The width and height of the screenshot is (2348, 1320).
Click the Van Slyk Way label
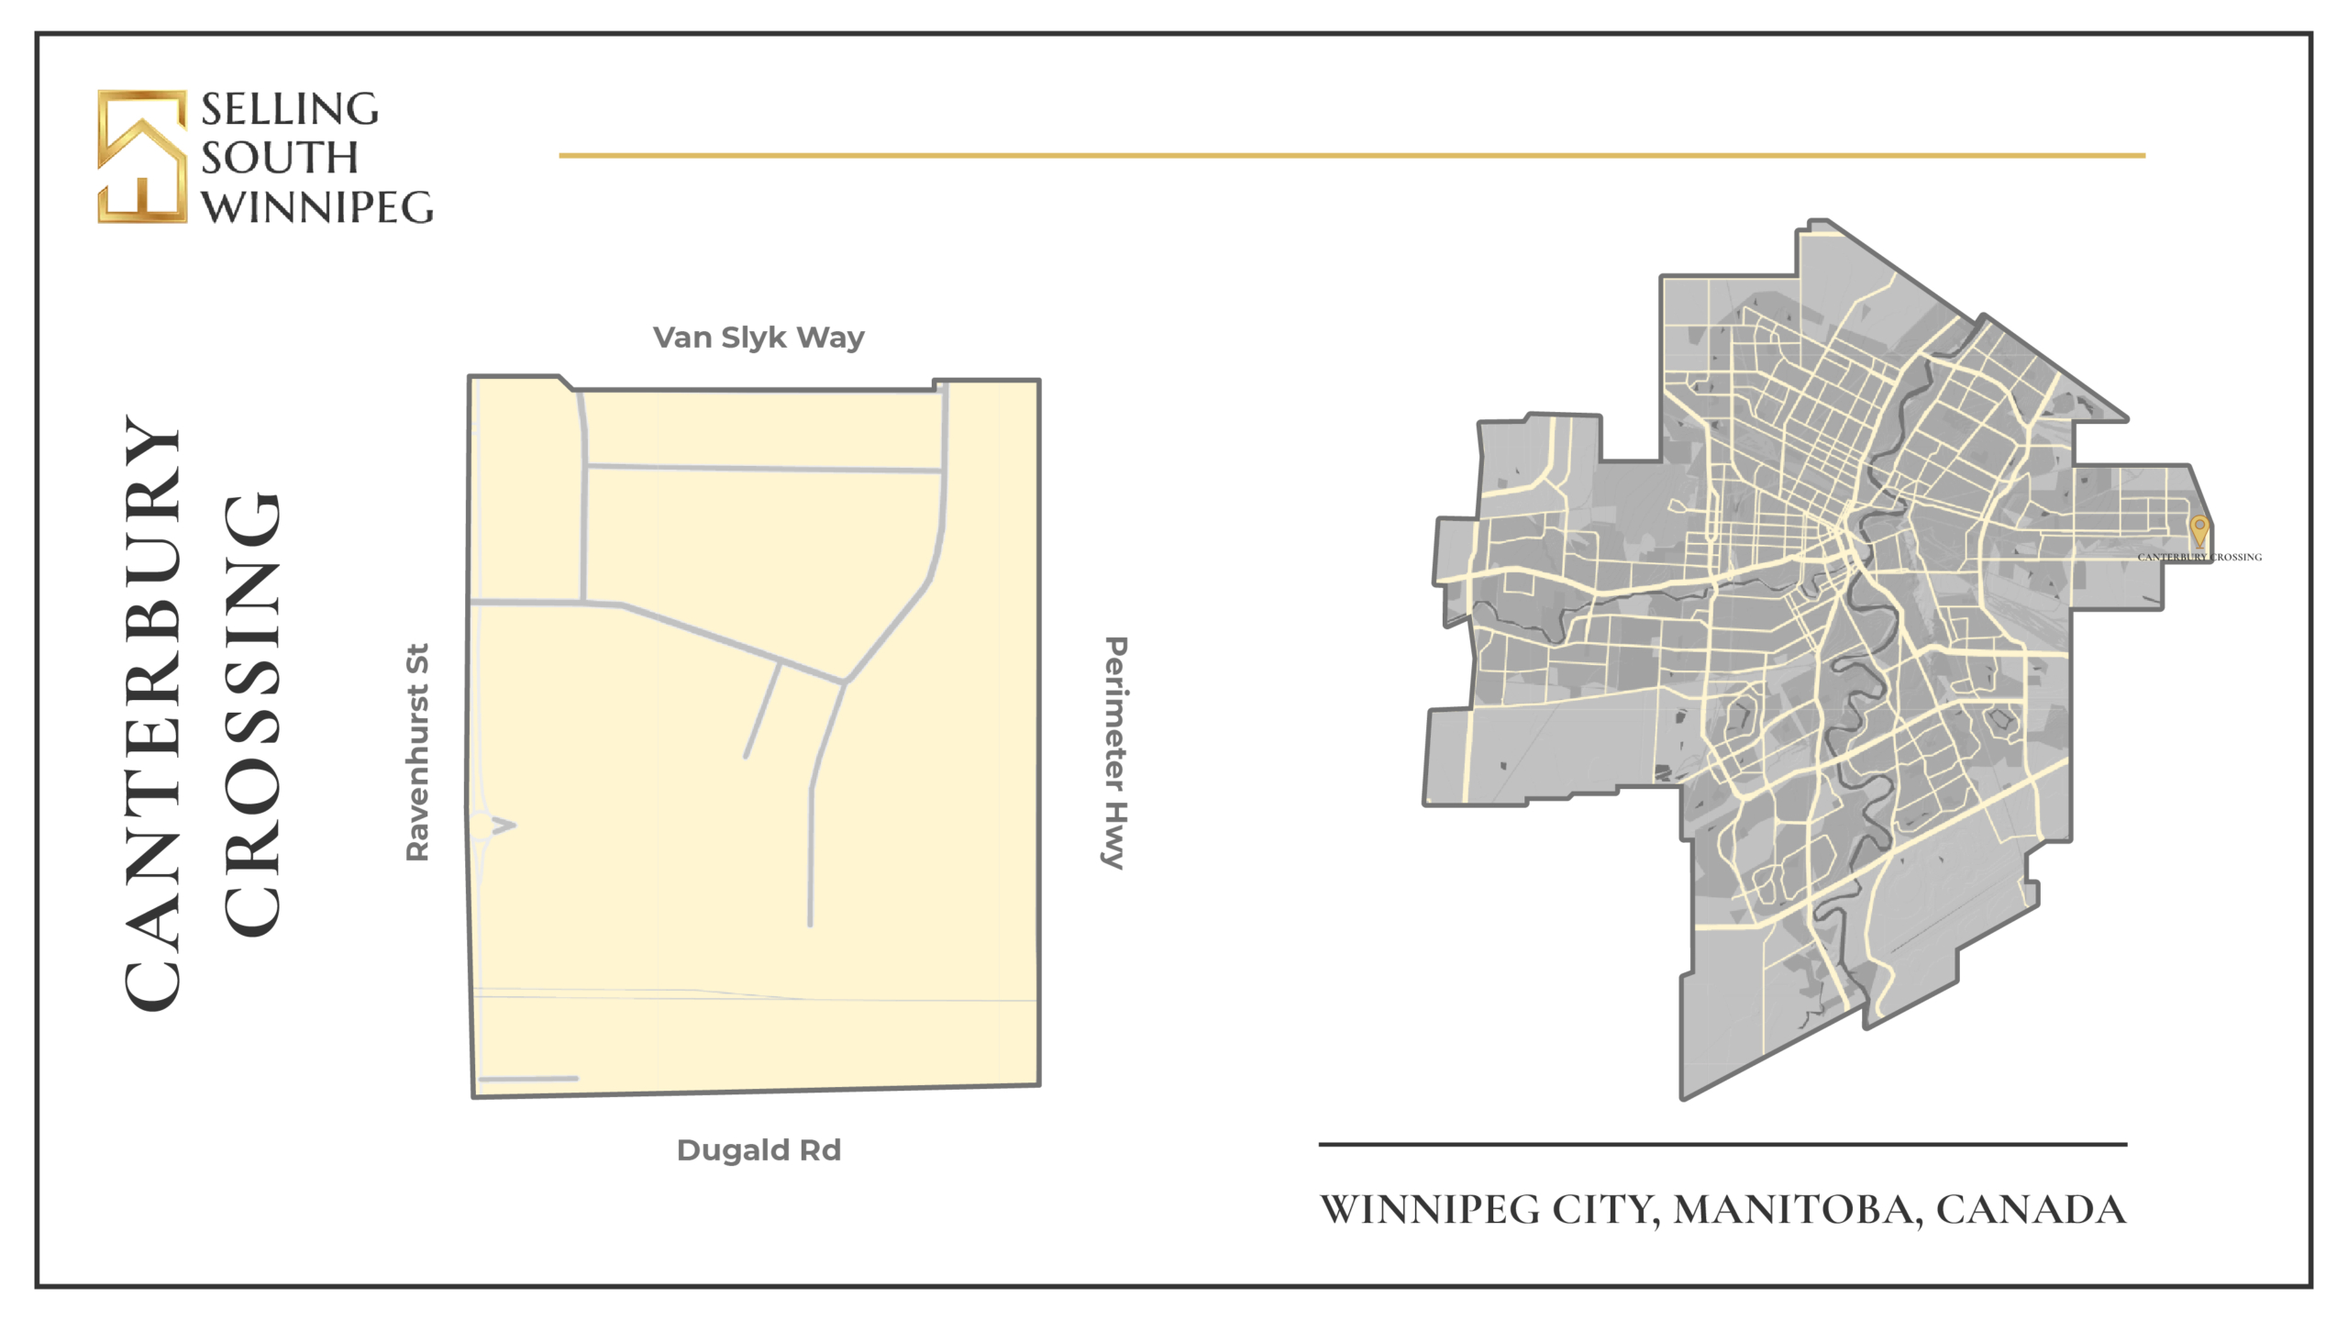tap(758, 338)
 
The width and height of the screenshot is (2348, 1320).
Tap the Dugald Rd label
tap(758, 1150)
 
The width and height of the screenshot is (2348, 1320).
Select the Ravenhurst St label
tap(417, 752)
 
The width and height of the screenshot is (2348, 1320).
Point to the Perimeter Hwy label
tap(1114, 752)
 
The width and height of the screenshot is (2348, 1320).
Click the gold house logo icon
tap(142, 157)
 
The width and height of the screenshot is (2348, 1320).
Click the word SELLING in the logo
tap(290, 109)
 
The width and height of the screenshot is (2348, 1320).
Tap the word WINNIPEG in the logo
tap(317, 207)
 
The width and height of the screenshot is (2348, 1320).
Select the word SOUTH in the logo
tap(280, 158)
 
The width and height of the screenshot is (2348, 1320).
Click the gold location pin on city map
tap(2198, 530)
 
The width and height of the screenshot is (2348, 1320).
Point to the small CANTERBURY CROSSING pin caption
tap(2198, 557)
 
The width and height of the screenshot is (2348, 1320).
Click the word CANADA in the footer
tap(2031, 1210)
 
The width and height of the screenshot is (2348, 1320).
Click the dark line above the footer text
tap(1722, 1145)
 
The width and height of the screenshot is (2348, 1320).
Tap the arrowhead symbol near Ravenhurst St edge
tap(504, 826)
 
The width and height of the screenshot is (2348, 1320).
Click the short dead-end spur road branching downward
tap(762, 712)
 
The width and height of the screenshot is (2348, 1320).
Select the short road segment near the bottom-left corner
tap(528, 1079)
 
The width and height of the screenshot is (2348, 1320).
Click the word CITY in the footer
tap(1604, 1210)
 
